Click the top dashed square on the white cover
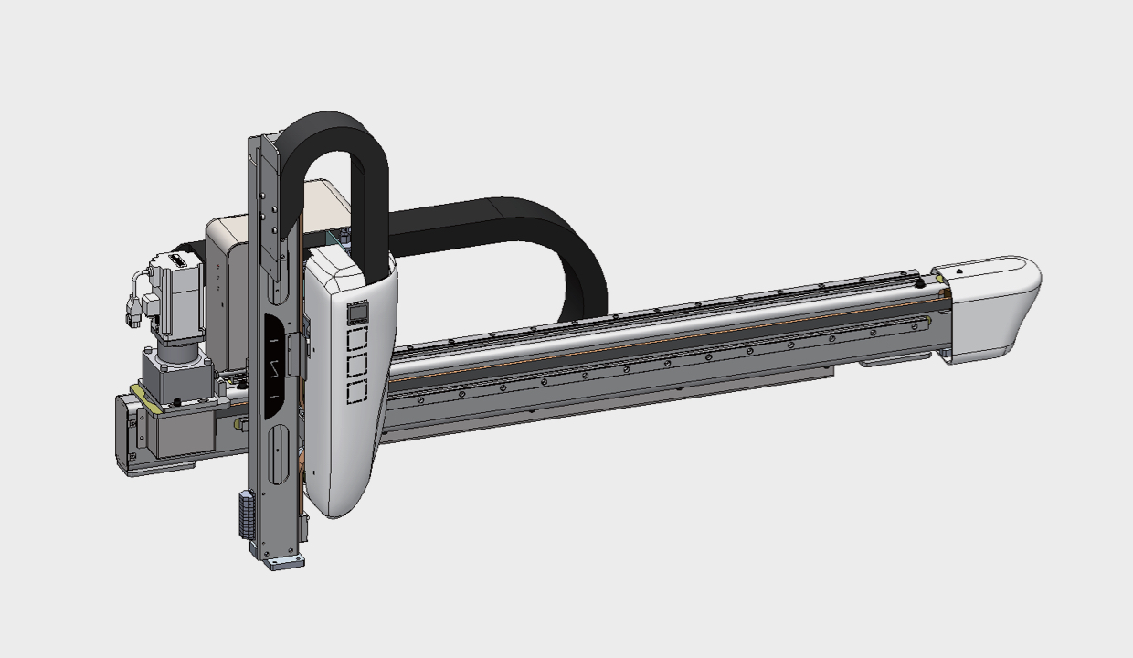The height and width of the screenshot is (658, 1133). [x=356, y=339]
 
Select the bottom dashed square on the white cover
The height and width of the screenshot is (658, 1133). [x=356, y=392]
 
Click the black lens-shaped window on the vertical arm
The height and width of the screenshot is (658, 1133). [x=277, y=366]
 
